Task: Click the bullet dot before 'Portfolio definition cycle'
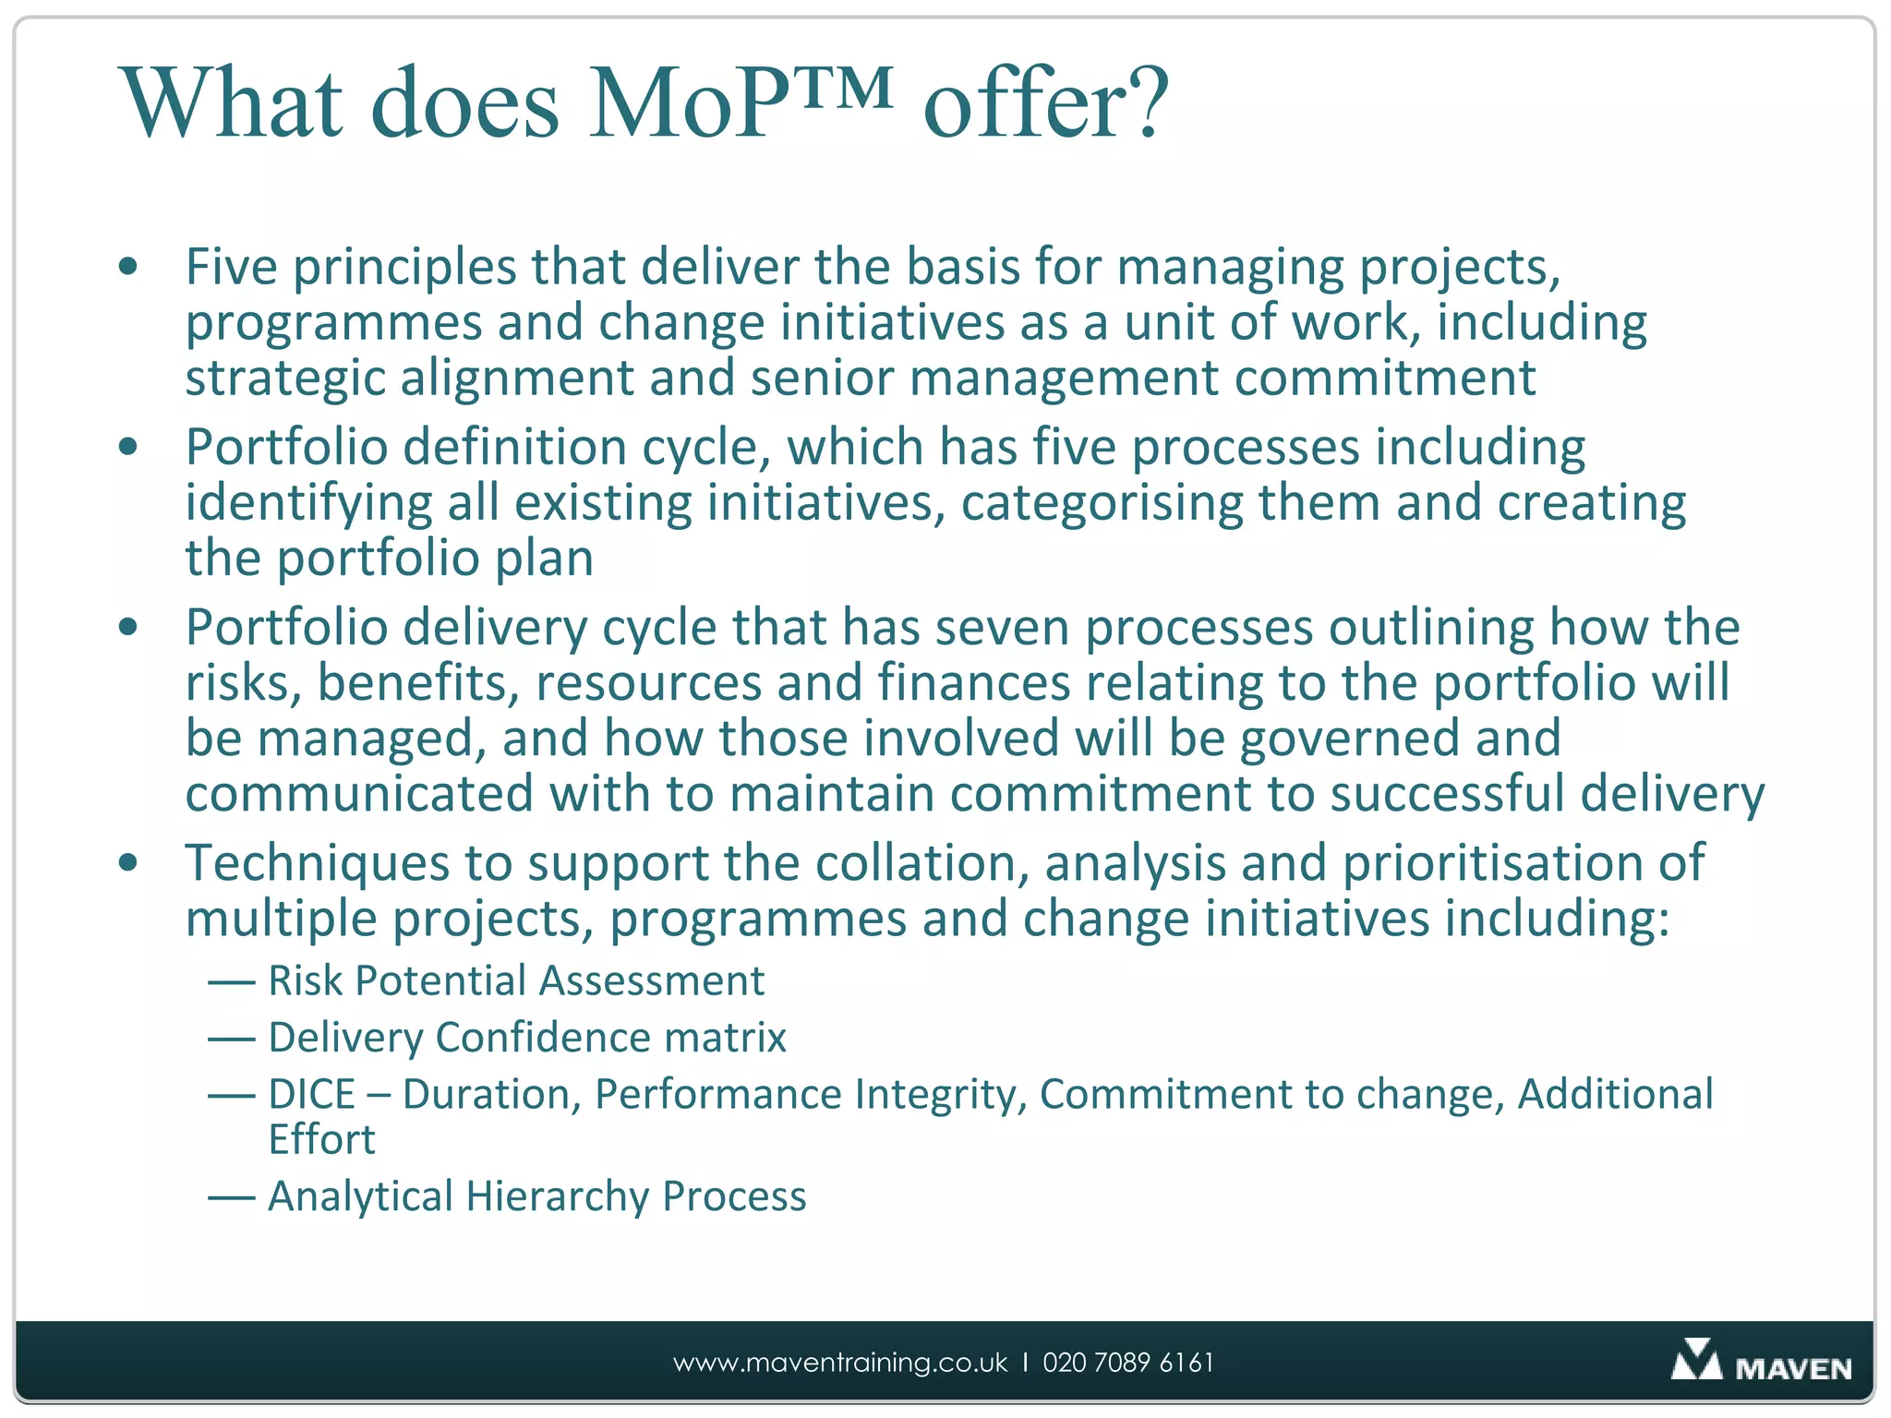[x=128, y=448]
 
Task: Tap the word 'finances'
[x=973, y=684]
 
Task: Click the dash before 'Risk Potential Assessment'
[x=231, y=981]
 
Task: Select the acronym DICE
[x=311, y=1095]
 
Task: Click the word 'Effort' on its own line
[x=321, y=1140]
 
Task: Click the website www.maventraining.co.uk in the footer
[x=839, y=1363]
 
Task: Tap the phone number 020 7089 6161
[x=1127, y=1363]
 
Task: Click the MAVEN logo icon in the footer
[x=1695, y=1360]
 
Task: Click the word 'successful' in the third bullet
[x=1446, y=796]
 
